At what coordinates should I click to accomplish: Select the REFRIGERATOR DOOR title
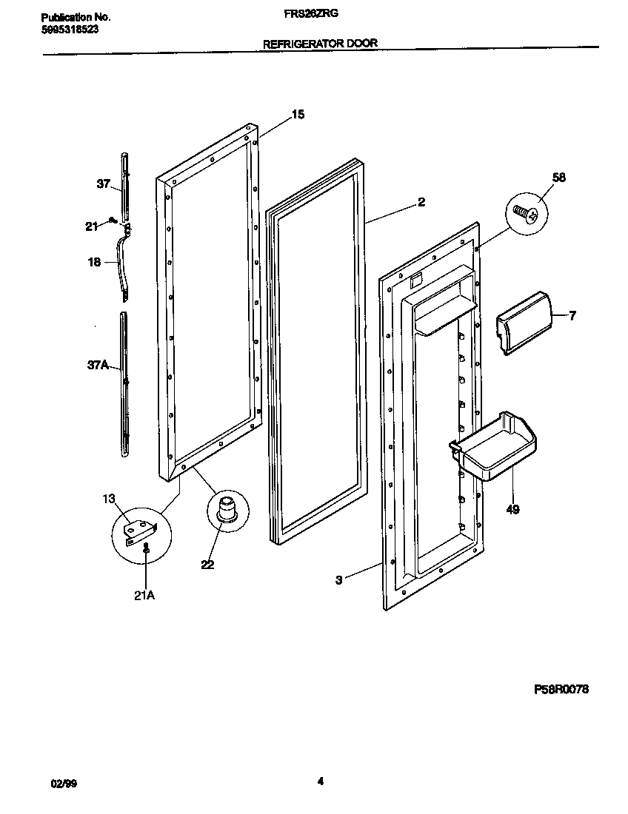click(320, 44)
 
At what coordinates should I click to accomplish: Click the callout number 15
click(297, 114)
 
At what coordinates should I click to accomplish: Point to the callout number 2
click(421, 202)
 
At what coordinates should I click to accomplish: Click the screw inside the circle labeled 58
click(527, 214)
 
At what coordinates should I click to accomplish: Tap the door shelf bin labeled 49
click(494, 448)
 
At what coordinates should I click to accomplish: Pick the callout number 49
click(512, 509)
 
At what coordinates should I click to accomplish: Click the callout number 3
click(338, 580)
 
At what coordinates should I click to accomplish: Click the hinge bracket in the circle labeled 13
click(141, 529)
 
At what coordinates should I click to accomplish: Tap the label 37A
click(98, 364)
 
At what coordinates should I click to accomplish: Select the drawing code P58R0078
click(561, 689)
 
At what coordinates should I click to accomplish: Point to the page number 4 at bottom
click(320, 781)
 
